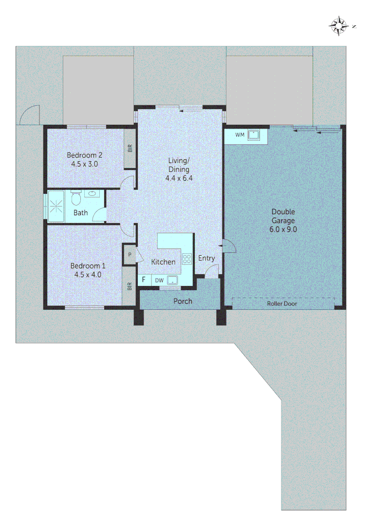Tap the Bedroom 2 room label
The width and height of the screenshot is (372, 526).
pyautogui.click(x=85, y=155)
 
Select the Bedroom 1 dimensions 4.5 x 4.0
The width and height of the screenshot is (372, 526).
pyautogui.click(x=88, y=274)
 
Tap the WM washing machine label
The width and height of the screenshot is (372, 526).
pyautogui.click(x=240, y=134)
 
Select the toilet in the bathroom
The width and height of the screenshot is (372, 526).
pyautogui.click(x=75, y=198)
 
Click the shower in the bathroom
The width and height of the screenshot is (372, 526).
pyautogui.click(x=57, y=206)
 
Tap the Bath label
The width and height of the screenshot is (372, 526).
pyautogui.click(x=81, y=213)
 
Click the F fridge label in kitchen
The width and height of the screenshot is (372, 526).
pyautogui.click(x=144, y=280)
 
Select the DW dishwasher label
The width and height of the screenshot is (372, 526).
pyautogui.click(x=159, y=280)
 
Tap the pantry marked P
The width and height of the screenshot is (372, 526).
pyautogui.click(x=130, y=255)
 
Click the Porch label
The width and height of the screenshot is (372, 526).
pyautogui.click(x=183, y=301)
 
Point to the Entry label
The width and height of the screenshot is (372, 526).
pyautogui.click(x=206, y=258)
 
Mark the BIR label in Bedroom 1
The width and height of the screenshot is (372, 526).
pyautogui.click(x=130, y=287)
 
